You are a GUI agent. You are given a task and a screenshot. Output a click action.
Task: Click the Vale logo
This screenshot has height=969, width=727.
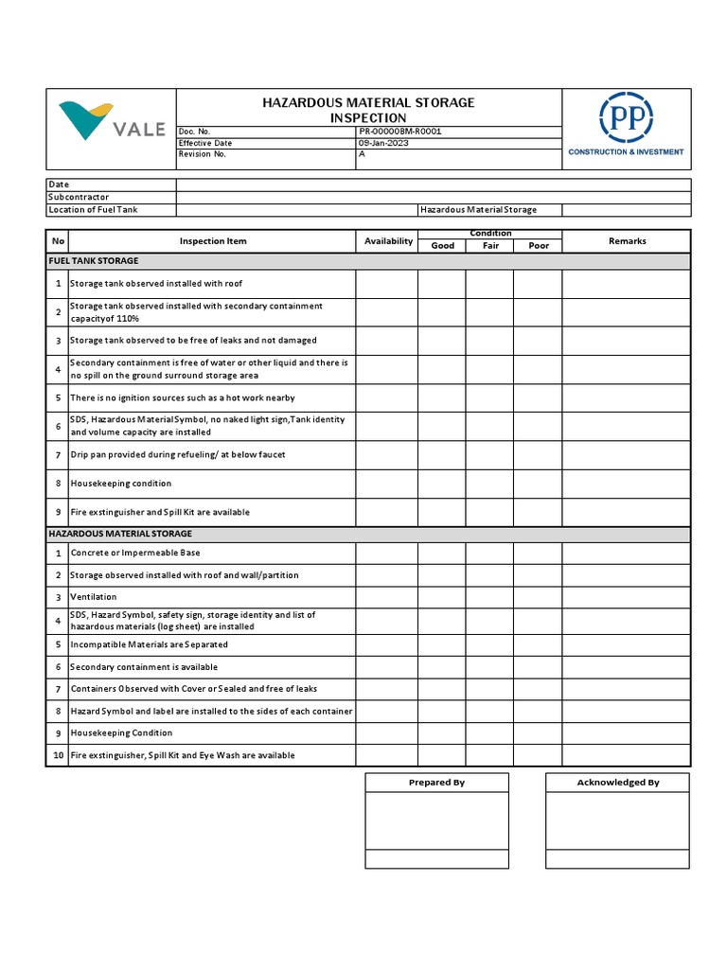(111, 123)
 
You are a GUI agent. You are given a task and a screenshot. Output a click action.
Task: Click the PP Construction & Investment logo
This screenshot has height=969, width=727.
(626, 125)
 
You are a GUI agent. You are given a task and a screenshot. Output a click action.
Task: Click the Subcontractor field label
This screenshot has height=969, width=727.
(79, 197)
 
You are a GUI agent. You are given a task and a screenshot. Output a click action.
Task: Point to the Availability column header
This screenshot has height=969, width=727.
(388, 241)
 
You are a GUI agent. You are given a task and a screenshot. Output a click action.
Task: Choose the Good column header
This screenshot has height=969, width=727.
(442, 246)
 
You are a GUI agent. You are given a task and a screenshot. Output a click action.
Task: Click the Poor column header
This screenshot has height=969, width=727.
(538, 246)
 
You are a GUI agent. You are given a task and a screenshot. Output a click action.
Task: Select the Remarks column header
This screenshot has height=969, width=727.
(627, 241)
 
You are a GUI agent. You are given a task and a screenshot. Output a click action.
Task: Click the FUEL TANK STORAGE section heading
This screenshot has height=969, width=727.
(94, 261)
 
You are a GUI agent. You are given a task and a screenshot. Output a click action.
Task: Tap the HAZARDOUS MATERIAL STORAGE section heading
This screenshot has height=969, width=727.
(119, 535)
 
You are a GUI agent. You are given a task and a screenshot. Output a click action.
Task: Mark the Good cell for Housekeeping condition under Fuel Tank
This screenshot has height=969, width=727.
(442, 484)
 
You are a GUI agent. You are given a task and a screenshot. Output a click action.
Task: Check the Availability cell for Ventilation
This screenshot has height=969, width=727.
(387, 597)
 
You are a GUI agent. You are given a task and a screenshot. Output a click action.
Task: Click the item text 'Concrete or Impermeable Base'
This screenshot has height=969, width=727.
(135, 553)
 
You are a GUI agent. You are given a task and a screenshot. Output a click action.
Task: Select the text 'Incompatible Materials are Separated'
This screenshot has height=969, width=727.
(149, 644)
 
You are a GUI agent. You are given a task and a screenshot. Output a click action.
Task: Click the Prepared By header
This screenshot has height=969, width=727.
(436, 783)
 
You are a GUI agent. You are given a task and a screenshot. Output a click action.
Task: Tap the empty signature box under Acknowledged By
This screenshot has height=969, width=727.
(617, 820)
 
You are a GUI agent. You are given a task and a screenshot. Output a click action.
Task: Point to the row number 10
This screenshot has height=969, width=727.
(58, 755)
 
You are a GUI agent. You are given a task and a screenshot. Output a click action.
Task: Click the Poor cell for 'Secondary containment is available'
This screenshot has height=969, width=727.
(538, 667)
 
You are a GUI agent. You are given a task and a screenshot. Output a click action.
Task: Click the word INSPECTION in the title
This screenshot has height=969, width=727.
(368, 117)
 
